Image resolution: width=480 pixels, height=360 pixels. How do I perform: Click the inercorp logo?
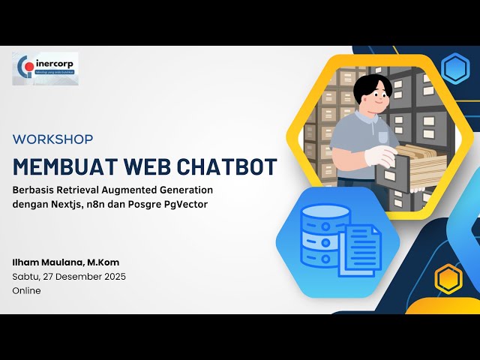click(x=45, y=68)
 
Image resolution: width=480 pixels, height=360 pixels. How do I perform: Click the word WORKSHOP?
click(x=53, y=139)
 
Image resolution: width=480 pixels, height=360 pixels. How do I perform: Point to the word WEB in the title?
click(x=142, y=166)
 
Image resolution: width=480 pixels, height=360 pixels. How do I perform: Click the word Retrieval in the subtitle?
click(x=76, y=190)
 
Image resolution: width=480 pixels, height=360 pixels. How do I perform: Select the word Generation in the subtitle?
click(x=187, y=190)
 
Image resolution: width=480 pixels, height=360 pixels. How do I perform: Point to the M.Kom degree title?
click(x=103, y=262)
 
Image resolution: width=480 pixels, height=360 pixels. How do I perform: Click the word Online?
click(x=27, y=290)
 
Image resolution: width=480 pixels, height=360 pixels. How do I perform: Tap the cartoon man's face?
click(x=366, y=97)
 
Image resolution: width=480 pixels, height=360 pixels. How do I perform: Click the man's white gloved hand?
click(x=379, y=157)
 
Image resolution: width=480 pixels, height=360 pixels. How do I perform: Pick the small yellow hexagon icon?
click(x=448, y=279)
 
